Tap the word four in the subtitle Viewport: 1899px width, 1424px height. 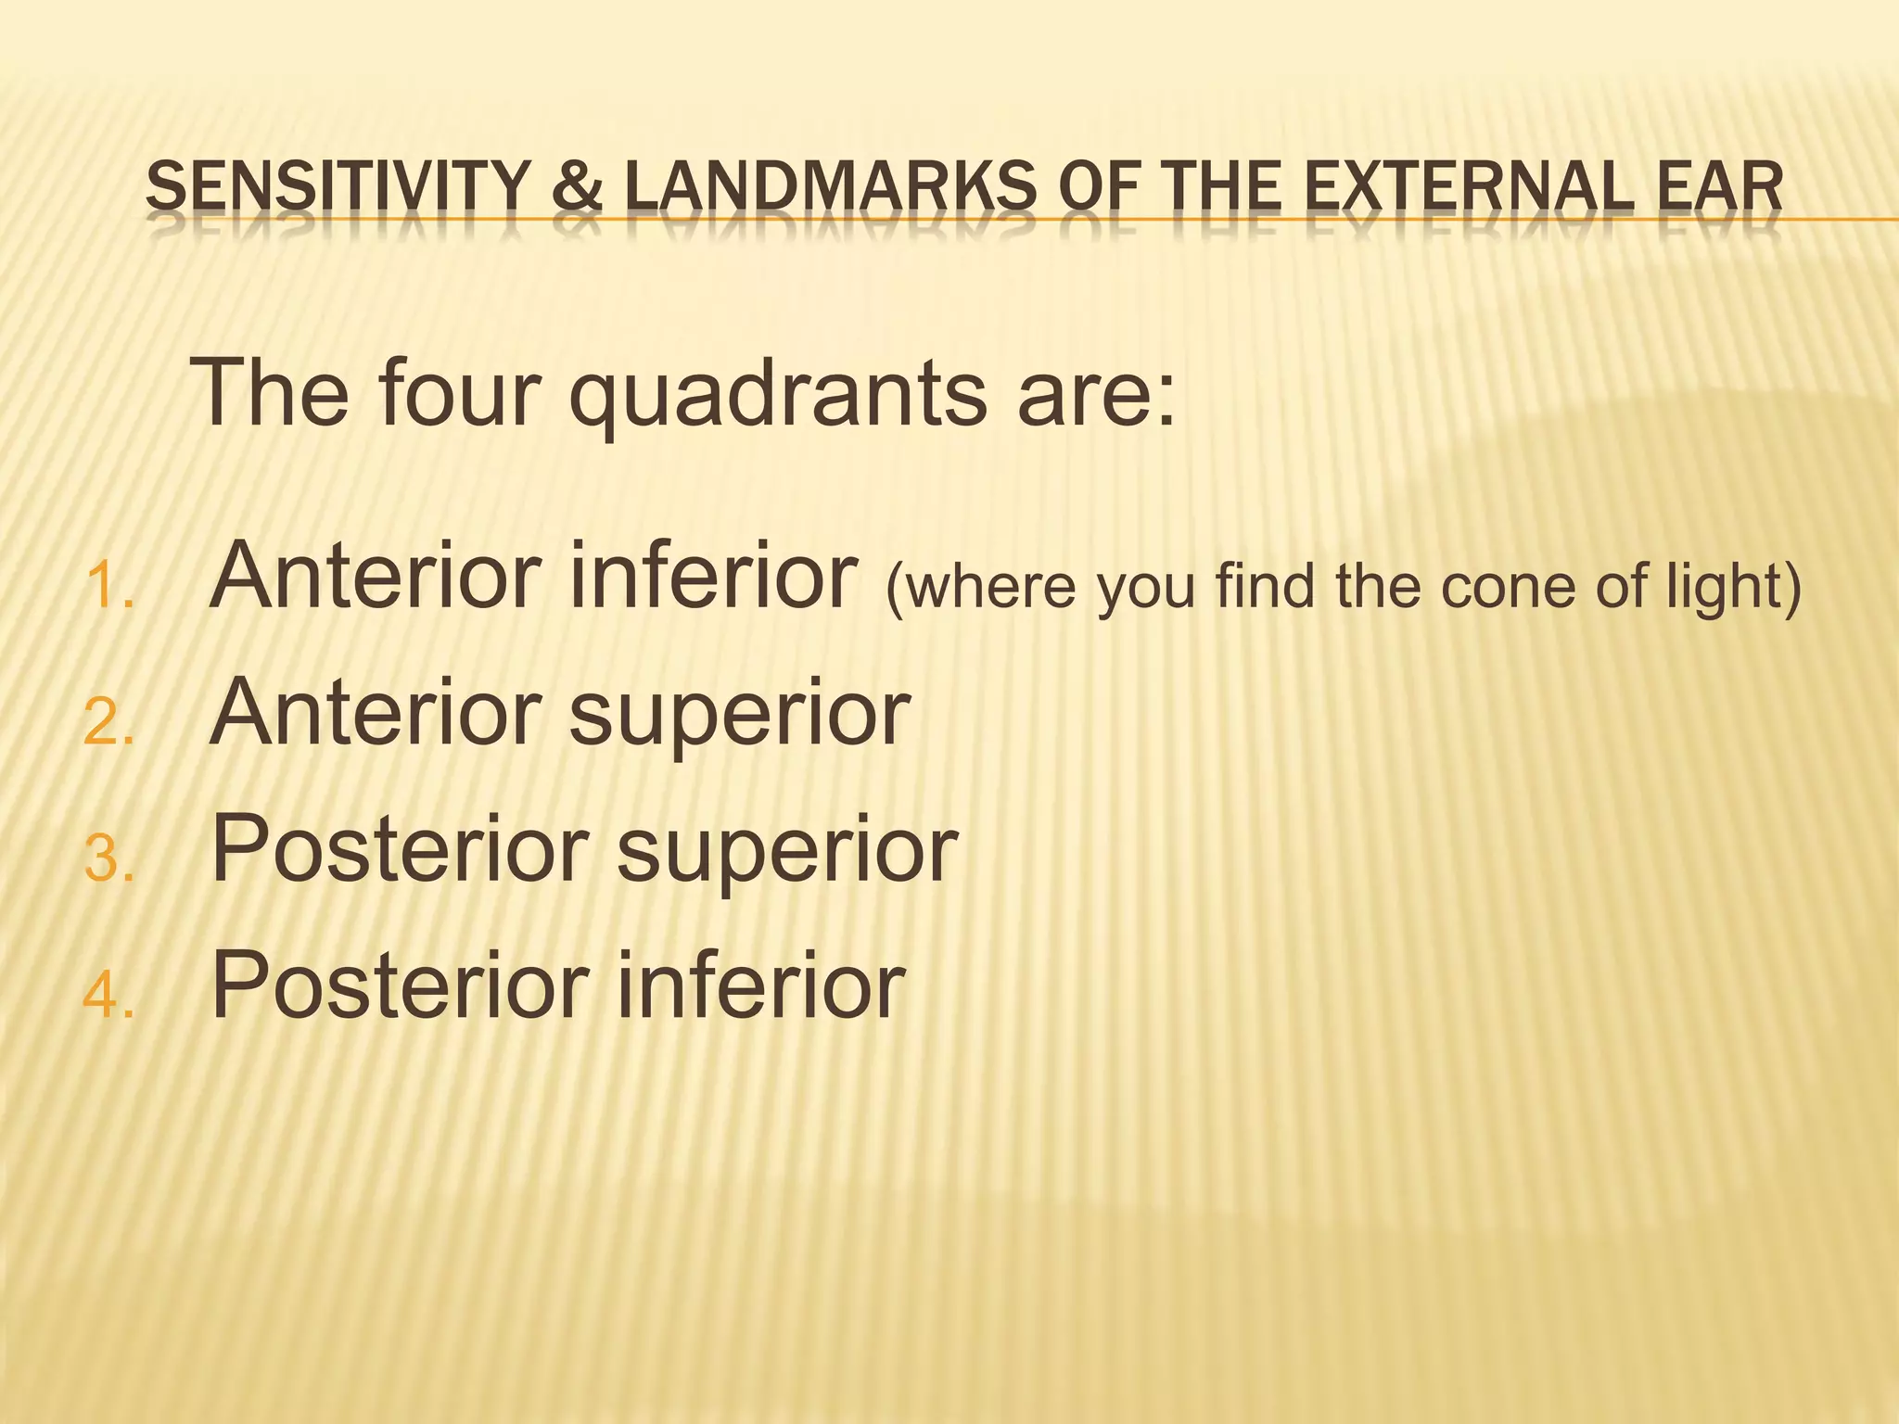point(459,393)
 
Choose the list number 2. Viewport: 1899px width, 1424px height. point(108,722)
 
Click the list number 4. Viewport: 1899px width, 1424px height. point(108,996)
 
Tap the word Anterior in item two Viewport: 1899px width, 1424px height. point(376,712)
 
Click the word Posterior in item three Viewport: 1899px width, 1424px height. point(401,849)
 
